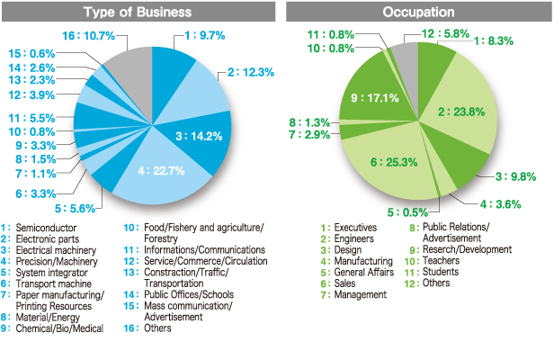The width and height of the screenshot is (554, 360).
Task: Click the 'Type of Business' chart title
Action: point(138,13)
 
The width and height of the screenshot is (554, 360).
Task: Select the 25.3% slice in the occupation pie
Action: point(396,162)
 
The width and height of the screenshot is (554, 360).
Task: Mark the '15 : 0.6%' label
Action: point(31,52)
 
